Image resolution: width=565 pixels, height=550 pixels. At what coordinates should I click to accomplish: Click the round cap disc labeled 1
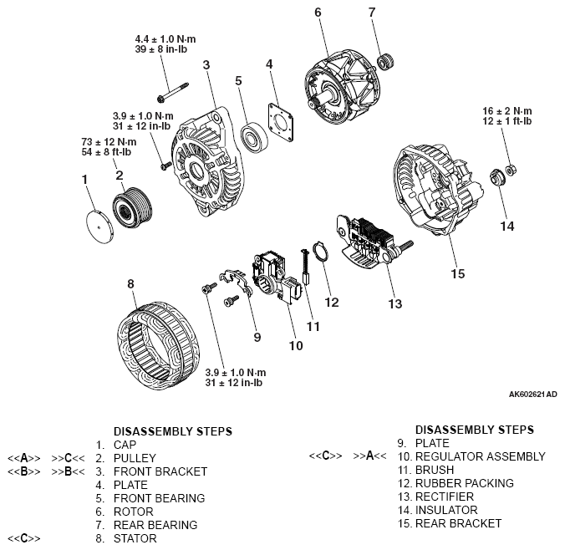tap(99, 223)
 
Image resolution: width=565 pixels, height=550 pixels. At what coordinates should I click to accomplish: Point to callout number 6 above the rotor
tap(318, 12)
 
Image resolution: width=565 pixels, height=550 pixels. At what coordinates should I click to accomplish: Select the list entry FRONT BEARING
tap(160, 498)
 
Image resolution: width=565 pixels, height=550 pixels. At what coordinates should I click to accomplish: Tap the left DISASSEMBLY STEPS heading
tap(172, 431)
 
